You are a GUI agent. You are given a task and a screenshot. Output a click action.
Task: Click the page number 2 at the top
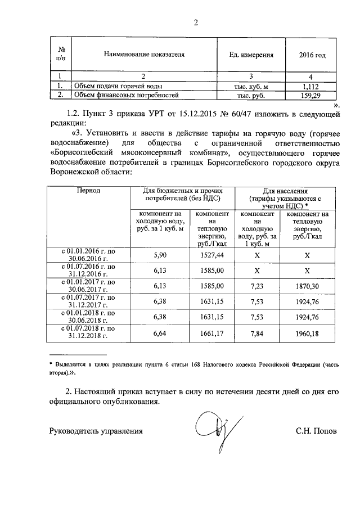click(196, 23)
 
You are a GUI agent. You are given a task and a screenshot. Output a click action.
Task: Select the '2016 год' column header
click(313, 55)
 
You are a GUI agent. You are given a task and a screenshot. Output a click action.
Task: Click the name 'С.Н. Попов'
click(316, 432)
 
